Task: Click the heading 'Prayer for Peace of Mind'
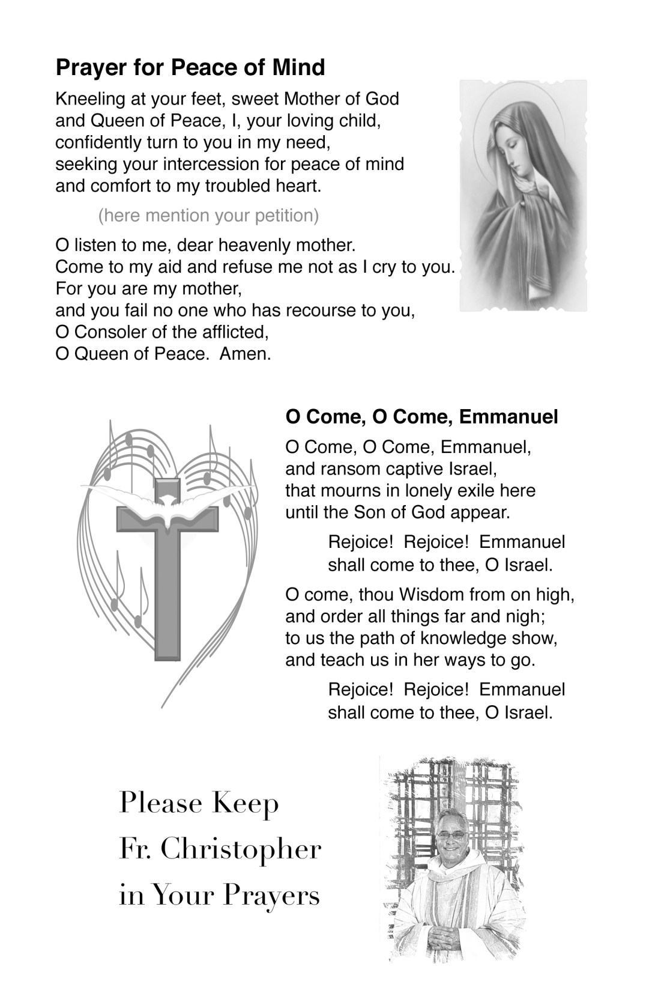[190, 67]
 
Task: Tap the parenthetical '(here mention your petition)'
[208, 215]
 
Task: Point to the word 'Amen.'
[246, 353]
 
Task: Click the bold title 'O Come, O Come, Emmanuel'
[421, 416]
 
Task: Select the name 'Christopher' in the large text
[241, 850]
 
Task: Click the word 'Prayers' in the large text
[271, 896]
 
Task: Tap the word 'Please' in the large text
[154, 804]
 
